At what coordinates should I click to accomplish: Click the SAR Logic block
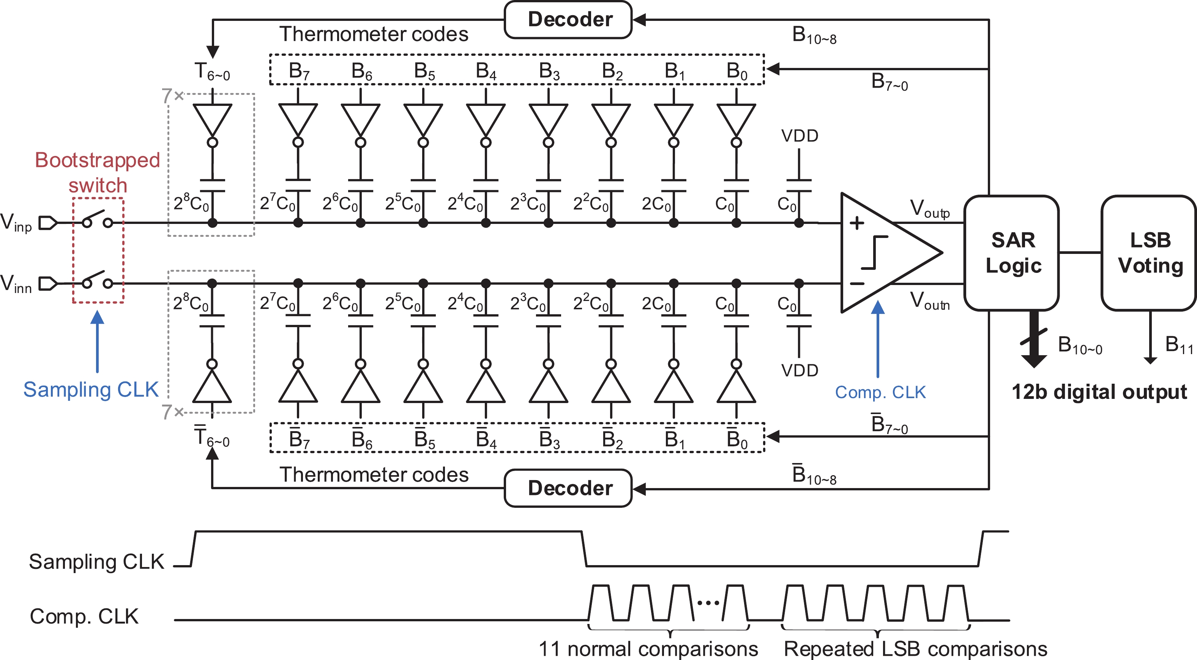[1012, 253]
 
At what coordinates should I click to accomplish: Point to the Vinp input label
[16, 222]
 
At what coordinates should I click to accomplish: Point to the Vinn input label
[16, 284]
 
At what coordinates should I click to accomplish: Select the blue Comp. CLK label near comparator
[880, 392]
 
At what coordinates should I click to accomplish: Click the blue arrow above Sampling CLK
[97, 341]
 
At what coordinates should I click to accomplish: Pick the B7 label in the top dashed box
[299, 71]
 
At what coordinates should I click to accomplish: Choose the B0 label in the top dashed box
[736, 71]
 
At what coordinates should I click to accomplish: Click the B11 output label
[1178, 345]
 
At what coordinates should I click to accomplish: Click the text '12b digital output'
[1099, 392]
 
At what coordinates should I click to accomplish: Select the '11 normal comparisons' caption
[648, 648]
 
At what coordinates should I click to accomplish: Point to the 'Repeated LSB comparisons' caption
[915, 648]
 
